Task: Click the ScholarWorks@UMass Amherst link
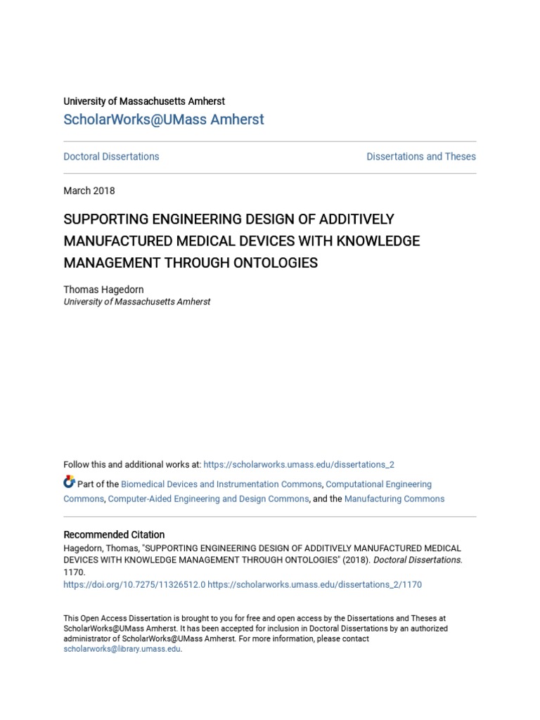pos(163,120)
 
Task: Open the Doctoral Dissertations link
pos(111,157)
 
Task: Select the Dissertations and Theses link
pos(420,157)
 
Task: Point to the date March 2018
pos(89,191)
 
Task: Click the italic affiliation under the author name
pos(136,302)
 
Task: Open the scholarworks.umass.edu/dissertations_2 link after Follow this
pos(299,465)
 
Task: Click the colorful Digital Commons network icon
pos(69,482)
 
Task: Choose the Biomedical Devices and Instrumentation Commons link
pos(221,484)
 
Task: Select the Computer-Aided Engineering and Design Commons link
pos(208,499)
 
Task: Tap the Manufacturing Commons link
pos(394,499)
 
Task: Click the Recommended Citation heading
pos(114,534)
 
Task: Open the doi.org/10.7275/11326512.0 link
pos(134,584)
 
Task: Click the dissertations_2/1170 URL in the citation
pos(315,584)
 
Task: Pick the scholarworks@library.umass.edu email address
pos(122,649)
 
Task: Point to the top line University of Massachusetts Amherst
pos(144,101)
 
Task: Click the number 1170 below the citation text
pos(73,573)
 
